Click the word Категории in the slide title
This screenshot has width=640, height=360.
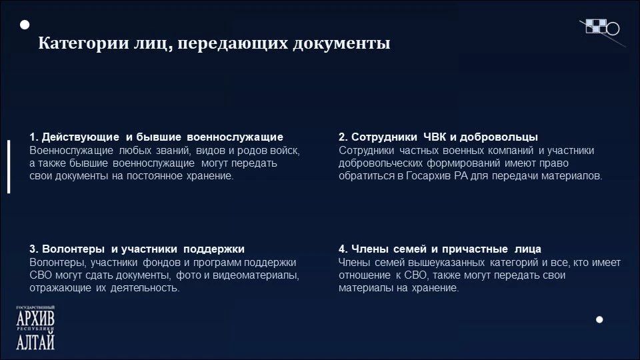click(x=84, y=43)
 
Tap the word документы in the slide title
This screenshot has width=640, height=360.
click(x=341, y=43)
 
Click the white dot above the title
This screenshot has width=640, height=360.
click(x=25, y=25)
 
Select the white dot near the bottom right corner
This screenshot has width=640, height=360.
click(x=599, y=319)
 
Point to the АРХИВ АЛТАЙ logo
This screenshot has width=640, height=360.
click(x=35, y=328)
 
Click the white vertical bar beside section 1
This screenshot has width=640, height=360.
click(x=9, y=167)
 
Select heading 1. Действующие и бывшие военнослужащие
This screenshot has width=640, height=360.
click(x=156, y=137)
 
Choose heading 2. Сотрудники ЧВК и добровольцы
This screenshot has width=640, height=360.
click(x=438, y=137)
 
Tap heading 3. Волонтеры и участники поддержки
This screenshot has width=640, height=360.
click(x=137, y=249)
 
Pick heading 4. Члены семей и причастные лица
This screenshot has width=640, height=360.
click(x=439, y=249)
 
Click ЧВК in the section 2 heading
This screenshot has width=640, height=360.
click(x=435, y=137)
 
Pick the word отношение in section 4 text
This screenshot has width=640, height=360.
click(x=365, y=275)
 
